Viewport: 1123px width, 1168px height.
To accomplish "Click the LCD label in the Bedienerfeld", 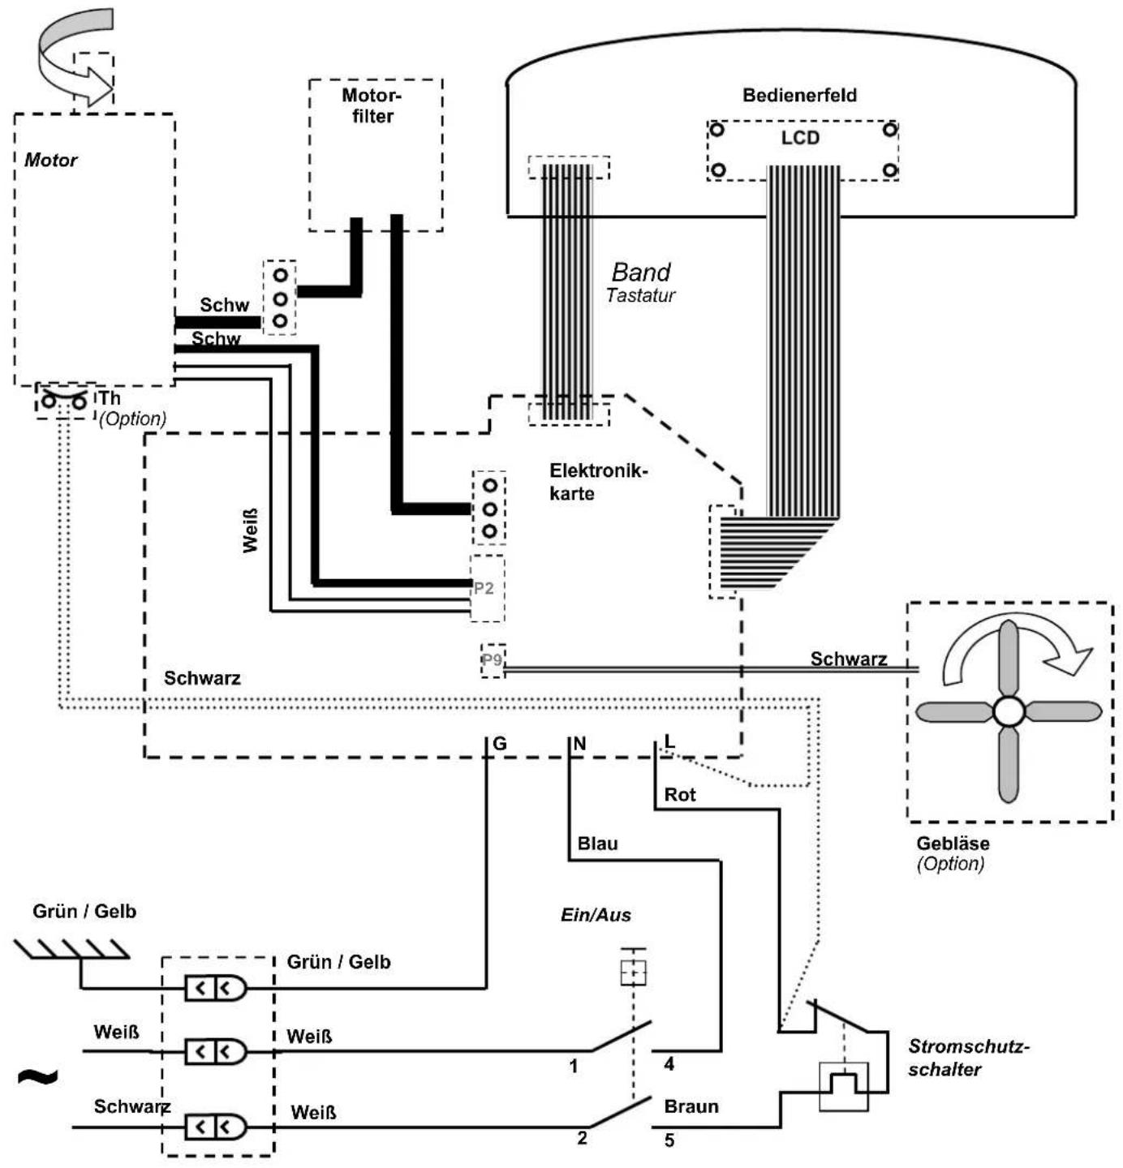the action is pos(799,138).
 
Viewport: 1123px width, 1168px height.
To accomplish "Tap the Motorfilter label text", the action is pos(372,105).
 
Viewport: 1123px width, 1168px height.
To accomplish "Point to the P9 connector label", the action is pos(492,659).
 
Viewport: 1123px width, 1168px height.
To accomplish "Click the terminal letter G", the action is pos(499,744).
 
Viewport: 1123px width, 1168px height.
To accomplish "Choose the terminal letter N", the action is pos(579,745).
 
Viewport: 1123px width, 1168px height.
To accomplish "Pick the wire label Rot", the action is pos(679,795).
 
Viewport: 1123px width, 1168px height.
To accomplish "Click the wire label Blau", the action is pos(597,844).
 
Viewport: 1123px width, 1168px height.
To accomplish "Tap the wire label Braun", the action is pos(691,1106).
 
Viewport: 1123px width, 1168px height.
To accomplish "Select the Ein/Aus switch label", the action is pos(595,915).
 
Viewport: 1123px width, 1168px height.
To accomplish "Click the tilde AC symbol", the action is pos(38,1077).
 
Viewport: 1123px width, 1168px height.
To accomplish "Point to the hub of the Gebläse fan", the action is pos(1008,712).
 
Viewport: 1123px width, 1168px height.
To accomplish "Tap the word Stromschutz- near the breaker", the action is pos(968,1046).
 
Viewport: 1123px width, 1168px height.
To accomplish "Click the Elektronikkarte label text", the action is pos(598,482).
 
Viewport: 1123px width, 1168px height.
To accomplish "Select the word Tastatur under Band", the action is pos(640,295).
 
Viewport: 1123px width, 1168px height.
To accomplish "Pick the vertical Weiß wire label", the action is pos(250,530).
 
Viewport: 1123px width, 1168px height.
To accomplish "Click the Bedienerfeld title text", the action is pos(799,96).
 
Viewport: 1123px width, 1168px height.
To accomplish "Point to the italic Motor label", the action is pos(50,161).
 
